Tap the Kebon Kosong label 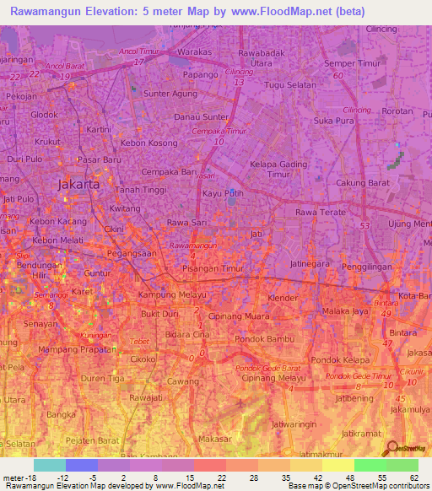point(149,144)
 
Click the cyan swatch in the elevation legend point(50,465)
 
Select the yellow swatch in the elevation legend point(338,465)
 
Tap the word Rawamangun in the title point(50,12)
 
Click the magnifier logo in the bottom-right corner point(390,449)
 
